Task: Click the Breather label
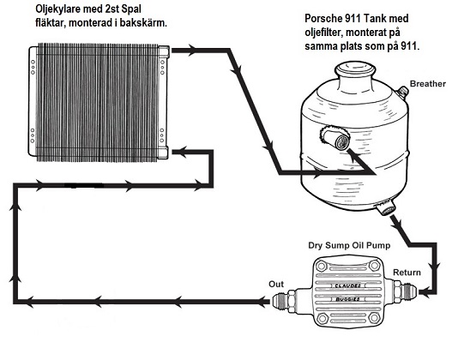coord(428,83)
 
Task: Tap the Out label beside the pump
coord(275,285)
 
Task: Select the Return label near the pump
coord(407,273)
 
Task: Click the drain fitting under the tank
coord(385,207)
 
